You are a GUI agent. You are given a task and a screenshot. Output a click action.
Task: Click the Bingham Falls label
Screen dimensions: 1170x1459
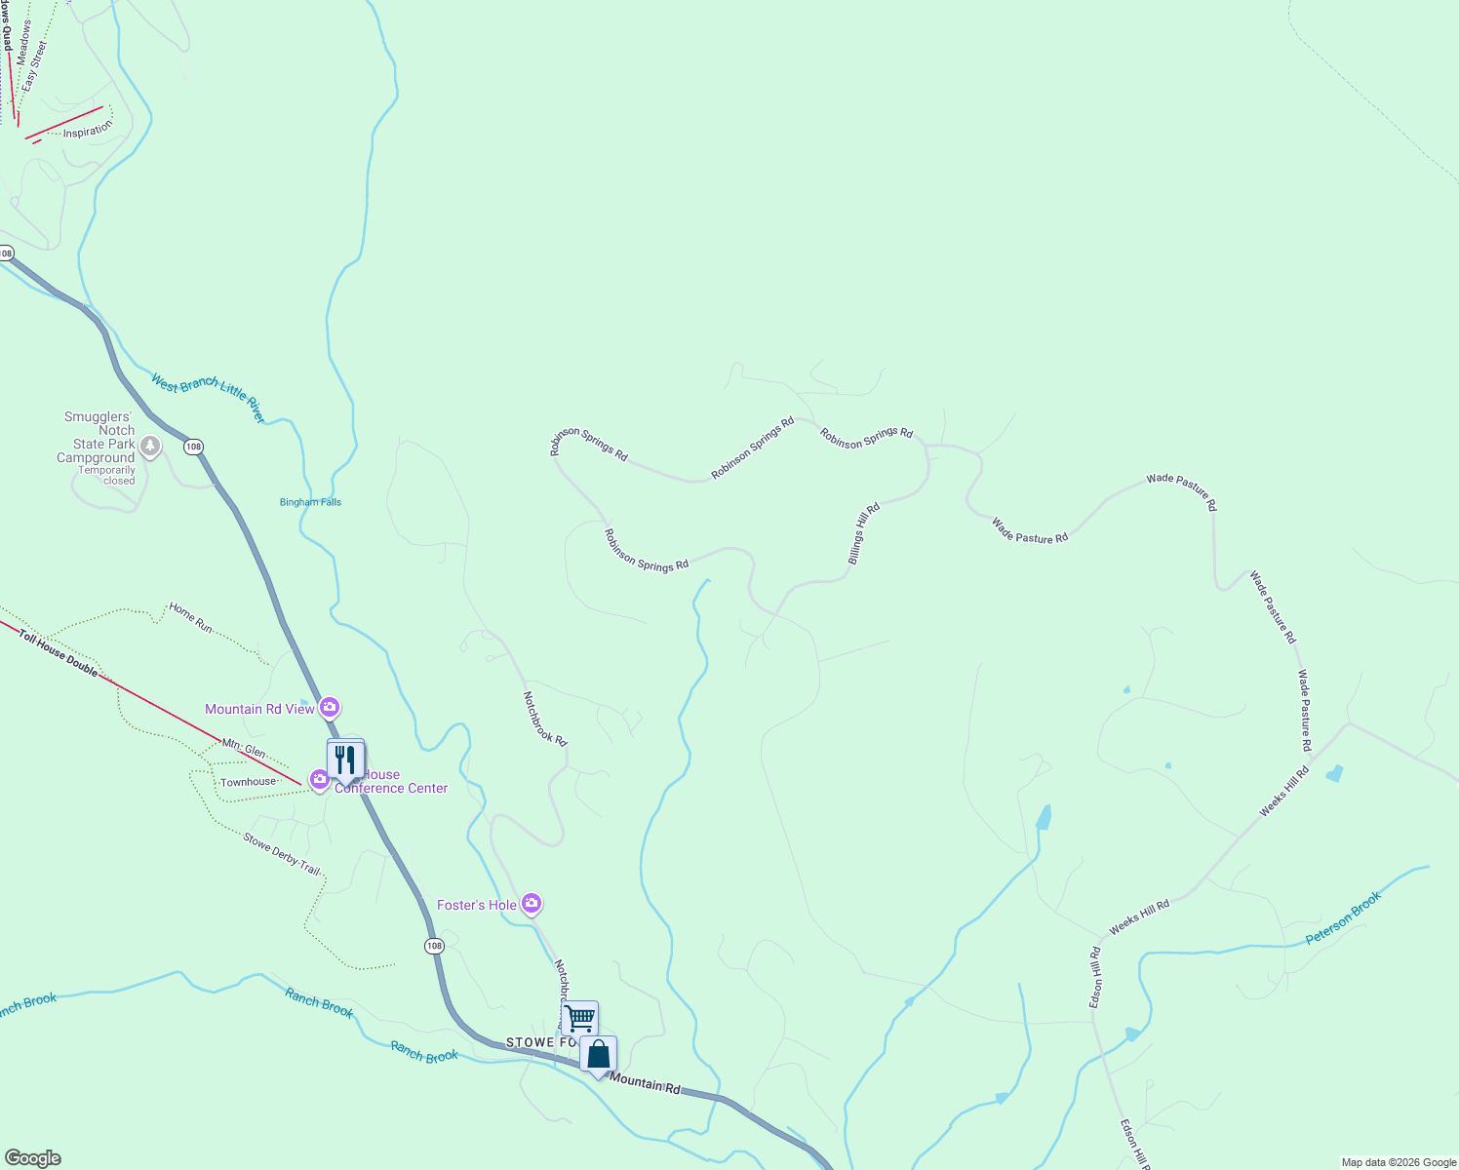310,502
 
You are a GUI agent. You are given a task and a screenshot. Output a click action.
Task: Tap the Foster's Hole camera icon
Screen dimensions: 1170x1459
532,904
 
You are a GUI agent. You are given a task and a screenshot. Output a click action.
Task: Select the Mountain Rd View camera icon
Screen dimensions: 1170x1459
330,707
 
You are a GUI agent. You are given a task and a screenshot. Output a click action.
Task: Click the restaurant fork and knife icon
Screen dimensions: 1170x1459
345,759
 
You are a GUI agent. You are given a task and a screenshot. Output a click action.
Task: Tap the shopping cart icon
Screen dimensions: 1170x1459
580,1018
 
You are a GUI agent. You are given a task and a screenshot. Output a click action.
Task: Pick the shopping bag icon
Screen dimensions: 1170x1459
599,1054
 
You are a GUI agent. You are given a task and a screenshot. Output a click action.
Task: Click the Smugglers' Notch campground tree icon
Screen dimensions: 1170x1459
150,447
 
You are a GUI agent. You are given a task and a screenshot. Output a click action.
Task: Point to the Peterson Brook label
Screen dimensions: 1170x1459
1344,918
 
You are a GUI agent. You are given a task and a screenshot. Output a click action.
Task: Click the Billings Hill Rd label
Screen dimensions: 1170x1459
864,533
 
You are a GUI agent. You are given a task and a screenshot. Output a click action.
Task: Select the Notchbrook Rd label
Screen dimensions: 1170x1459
544,719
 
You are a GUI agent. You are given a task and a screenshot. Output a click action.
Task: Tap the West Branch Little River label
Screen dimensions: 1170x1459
208,398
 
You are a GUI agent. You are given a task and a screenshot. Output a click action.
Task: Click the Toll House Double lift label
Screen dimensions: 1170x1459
59,652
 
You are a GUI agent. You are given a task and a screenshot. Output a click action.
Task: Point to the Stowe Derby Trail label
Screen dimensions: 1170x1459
282,853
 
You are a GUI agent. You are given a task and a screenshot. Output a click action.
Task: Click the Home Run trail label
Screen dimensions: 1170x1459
190,617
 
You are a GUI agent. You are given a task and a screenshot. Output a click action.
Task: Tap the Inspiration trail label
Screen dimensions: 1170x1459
88,131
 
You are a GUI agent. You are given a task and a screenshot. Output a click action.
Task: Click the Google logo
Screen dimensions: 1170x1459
32,1158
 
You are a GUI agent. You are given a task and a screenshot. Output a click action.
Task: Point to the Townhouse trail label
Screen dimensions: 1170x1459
248,782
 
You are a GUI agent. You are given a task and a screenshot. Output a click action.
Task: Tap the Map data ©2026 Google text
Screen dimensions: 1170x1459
1399,1162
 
